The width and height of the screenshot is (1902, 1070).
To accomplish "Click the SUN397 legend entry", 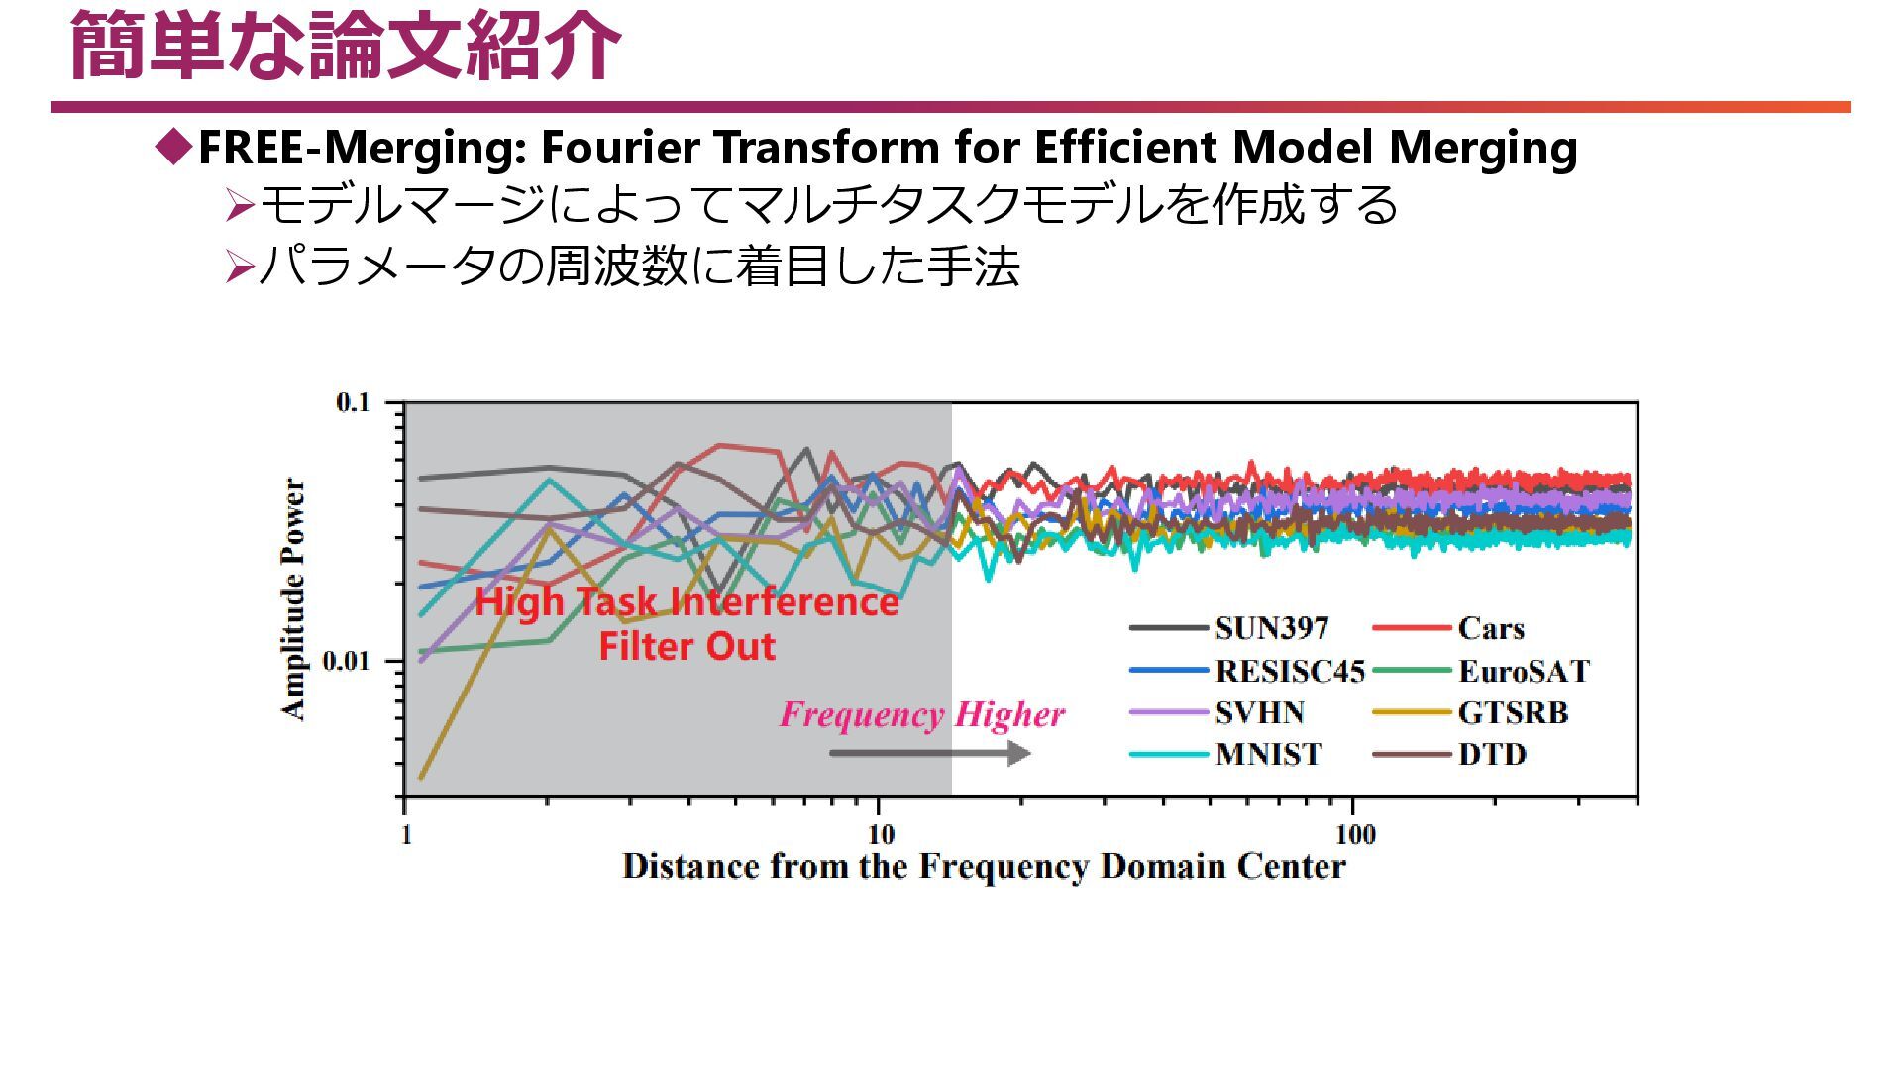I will pyautogui.click(x=1271, y=628).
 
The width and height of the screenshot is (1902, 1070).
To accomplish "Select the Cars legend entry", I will pyautogui.click(x=1490, y=628).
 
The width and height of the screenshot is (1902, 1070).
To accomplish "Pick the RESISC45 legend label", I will pyautogui.click(x=1290, y=671).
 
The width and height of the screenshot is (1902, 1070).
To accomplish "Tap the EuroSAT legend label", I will pyautogui.click(x=1523, y=671).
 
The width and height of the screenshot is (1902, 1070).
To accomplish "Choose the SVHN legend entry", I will pyautogui.click(x=1259, y=712).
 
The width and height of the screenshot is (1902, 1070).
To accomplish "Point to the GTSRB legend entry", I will pyautogui.click(x=1513, y=712).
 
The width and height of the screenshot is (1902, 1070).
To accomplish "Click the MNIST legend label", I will pyautogui.click(x=1268, y=754).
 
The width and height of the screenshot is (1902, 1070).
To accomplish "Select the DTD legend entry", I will pyautogui.click(x=1492, y=754).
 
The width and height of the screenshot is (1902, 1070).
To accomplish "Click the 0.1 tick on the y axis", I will pyautogui.click(x=352, y=402).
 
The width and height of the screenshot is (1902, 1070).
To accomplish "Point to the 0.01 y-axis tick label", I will pyautogui.click(x=346, y=661).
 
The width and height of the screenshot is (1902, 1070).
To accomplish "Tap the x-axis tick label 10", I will pyautogui.click(x=880, y=835).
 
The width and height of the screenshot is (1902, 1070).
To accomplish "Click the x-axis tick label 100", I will pyautogui.click(x=1354, y=835).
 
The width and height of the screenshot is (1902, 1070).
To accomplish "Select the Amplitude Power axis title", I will pyautogui.click(x=294, y=598).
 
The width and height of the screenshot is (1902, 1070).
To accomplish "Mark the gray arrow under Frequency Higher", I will pyautogui.click(x=929, y=753).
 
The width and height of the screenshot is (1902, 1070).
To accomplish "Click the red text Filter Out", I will pyautogui.click(x=687, y=646).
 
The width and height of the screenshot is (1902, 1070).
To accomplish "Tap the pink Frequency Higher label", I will pyautogui.click(x=921, y=714).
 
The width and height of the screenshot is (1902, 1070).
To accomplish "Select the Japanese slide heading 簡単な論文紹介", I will pyautogui.click(x=345, y=46).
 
